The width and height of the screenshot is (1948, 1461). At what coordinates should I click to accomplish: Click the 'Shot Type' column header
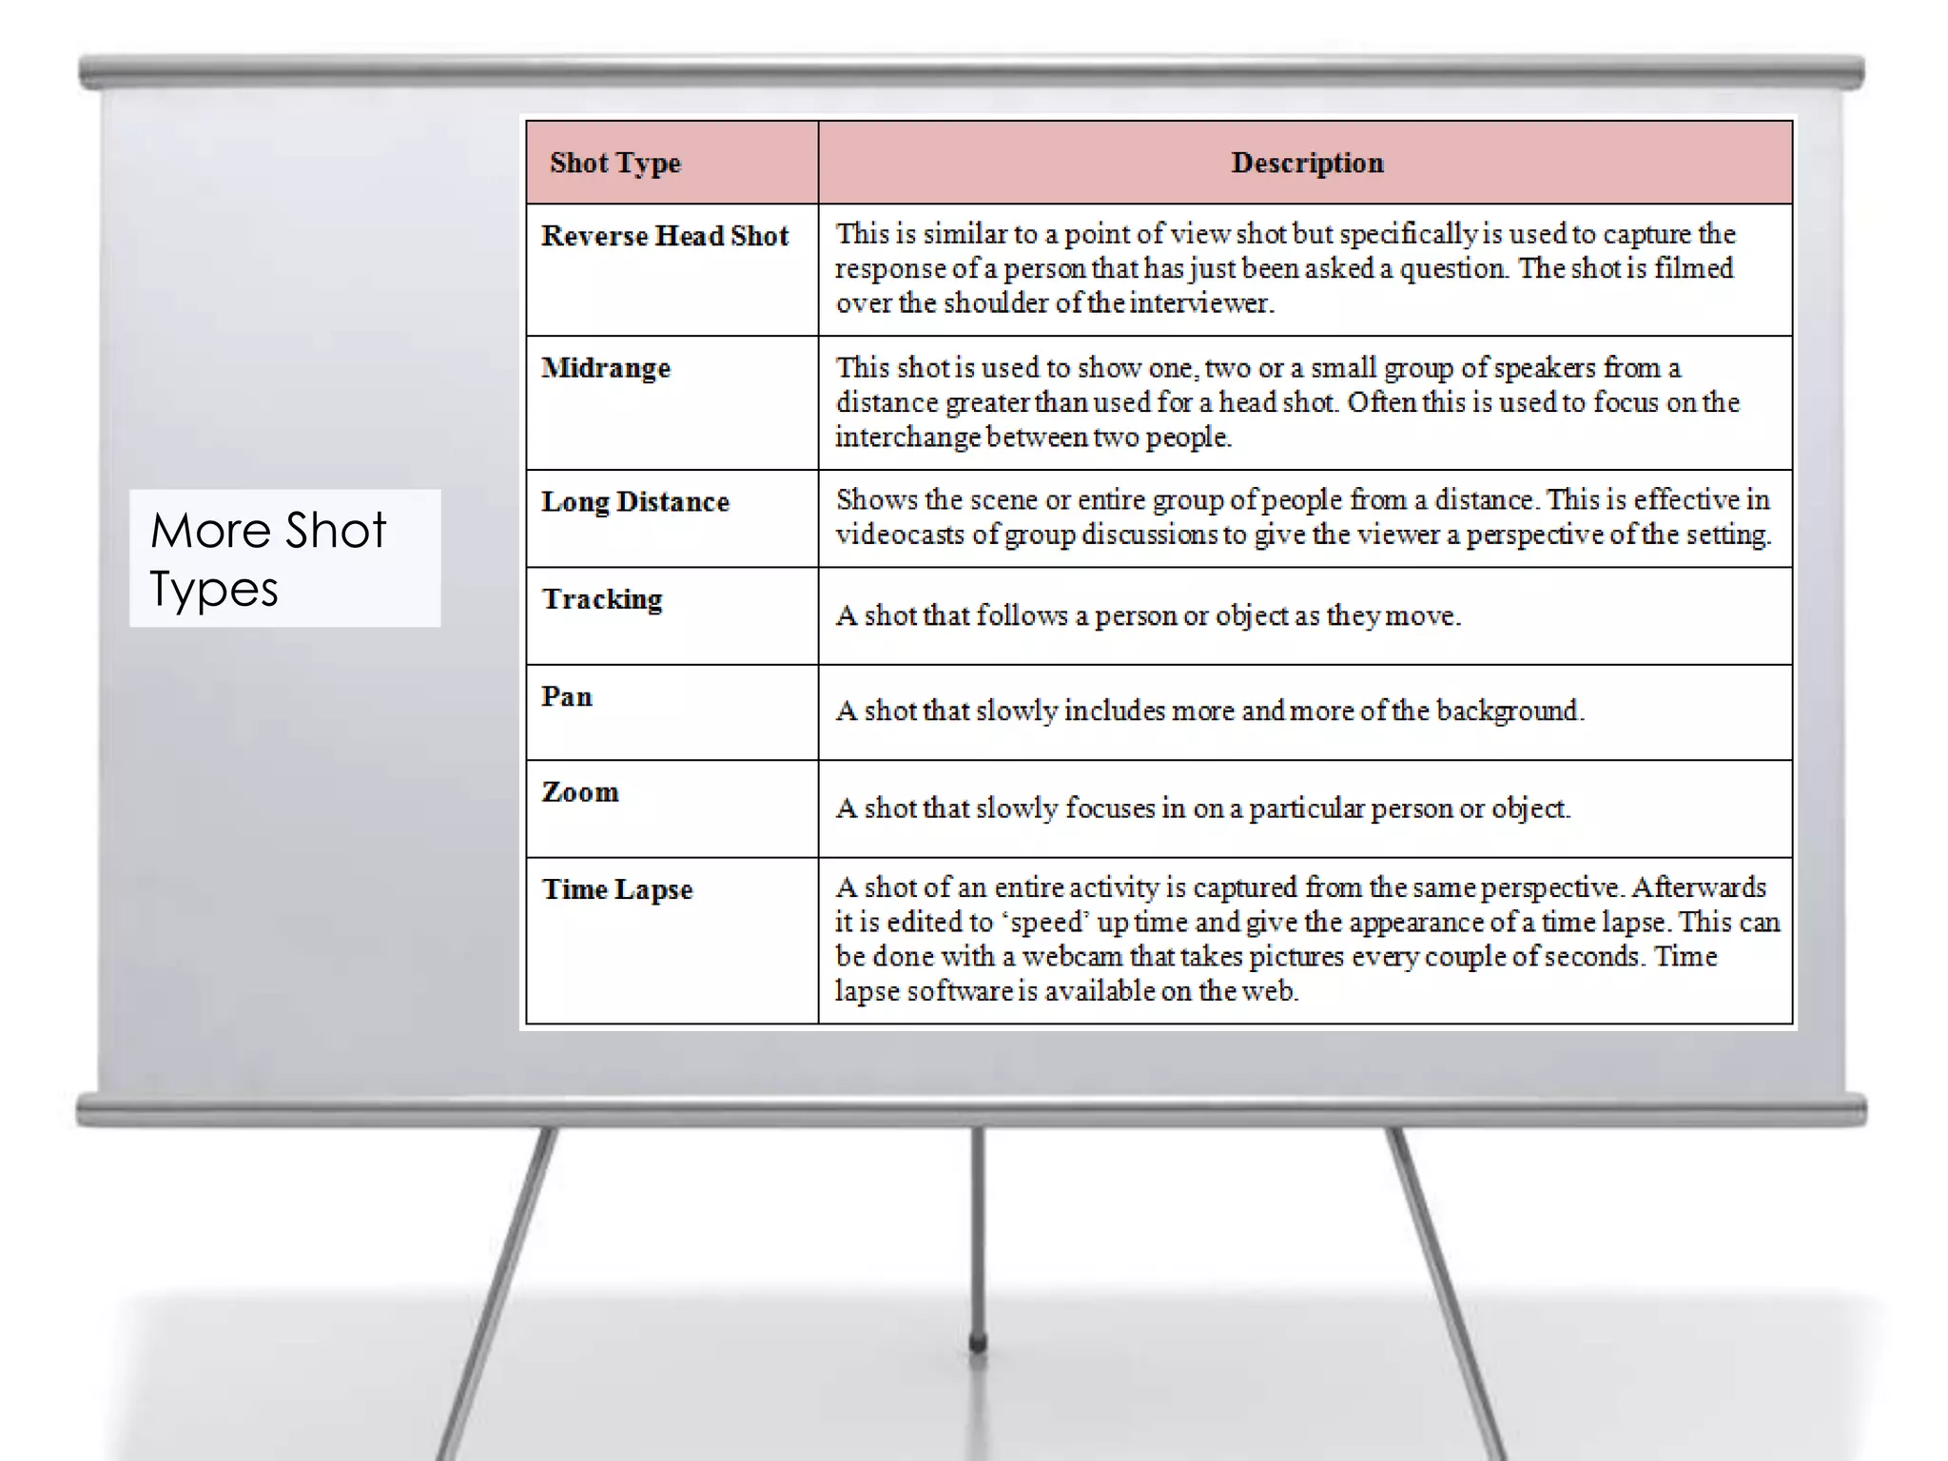[615, 163]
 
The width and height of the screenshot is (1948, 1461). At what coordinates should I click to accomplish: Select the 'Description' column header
[1307, 163]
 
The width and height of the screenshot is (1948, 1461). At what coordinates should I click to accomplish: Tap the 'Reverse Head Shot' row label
[665, 236]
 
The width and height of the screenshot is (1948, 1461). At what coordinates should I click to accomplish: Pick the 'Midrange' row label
[606, 368]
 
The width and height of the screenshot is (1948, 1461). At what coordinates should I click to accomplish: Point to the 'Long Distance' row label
[635, 501]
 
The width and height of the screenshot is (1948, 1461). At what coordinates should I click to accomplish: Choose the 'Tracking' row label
[602, 599]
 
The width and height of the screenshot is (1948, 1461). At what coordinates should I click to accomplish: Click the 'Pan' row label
[567, 696]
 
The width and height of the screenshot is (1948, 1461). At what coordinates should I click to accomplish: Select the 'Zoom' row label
[580, 792]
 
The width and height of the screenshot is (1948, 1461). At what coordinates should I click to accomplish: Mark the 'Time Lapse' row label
[617, 889]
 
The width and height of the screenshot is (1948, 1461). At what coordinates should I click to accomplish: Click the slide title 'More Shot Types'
[269, 558]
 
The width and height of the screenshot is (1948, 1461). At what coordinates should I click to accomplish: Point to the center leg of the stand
[977, 1237]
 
